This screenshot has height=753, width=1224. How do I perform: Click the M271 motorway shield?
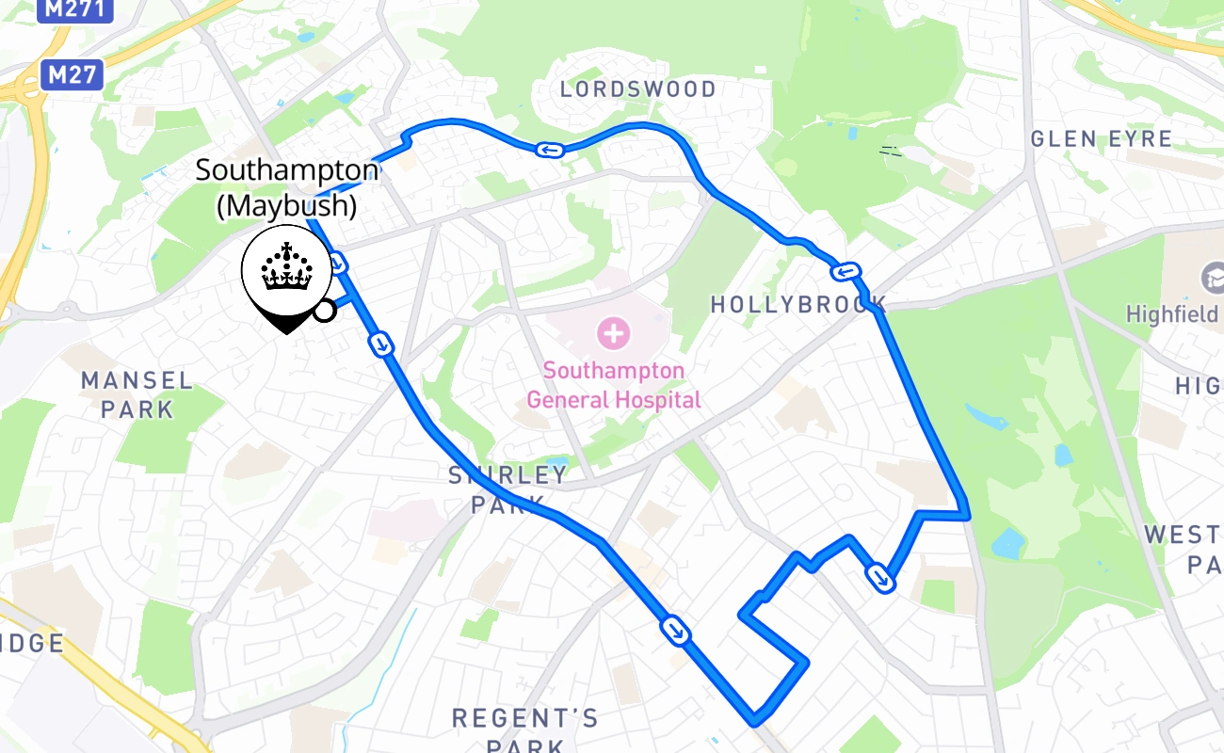74,9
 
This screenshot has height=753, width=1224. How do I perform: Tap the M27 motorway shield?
72,74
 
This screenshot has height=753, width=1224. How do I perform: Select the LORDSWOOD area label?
637,89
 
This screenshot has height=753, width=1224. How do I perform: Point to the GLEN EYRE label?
1102,139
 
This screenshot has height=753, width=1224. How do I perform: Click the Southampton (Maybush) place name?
286,188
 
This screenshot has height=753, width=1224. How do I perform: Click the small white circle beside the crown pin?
324,310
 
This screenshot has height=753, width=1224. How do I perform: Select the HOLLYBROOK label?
798,305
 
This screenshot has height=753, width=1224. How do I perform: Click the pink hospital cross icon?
613,332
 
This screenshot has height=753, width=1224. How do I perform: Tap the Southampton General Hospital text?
613,385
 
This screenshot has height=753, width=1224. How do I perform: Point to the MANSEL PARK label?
137,394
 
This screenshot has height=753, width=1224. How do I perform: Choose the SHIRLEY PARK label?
507,489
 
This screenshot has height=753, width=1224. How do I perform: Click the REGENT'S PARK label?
524,730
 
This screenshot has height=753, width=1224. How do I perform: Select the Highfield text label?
1173,313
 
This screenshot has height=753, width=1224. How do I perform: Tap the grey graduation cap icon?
1213,279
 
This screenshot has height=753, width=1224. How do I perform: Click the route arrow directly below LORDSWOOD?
549,149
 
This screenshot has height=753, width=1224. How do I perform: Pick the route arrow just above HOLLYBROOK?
846,272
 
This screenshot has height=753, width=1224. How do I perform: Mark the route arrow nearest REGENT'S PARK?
676,630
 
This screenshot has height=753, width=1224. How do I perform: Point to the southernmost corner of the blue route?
753,723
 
